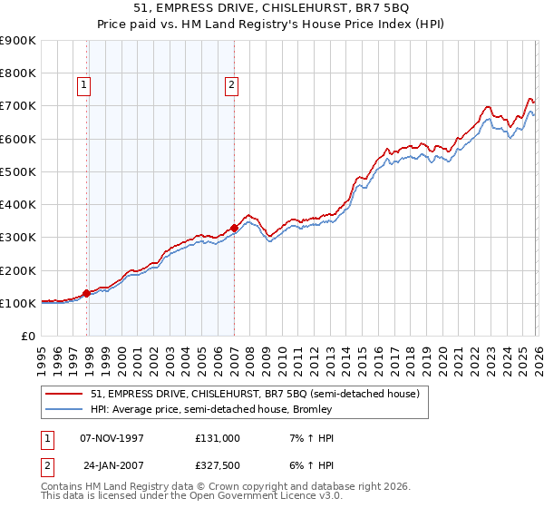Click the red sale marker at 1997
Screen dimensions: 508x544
click(87, 293)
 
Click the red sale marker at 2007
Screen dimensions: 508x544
click(234, 229)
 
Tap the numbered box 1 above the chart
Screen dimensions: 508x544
click(83, 86)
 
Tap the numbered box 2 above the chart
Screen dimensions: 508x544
click(231, 86)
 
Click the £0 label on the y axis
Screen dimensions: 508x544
click(26, 337)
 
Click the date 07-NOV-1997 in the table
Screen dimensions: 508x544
click(112, 437)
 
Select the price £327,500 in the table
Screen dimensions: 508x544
click(218, 466)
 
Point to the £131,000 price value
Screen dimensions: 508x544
click(218, 437)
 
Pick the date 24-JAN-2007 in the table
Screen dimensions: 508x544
click(112, 466)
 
